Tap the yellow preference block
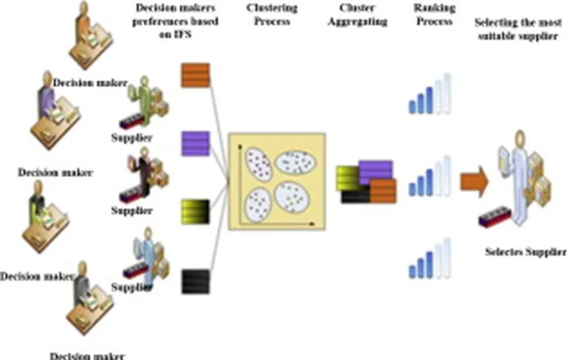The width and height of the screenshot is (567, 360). pos(196,212)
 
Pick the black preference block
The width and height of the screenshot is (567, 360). pos(196,282)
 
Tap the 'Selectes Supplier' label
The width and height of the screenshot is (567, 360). pos(525,252)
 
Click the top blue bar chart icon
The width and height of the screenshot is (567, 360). pos(430,94)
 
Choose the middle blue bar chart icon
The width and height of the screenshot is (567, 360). pos(430,178)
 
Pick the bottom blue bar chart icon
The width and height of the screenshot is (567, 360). pos(430,259)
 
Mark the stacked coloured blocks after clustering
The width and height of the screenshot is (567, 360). pos(366,181)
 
